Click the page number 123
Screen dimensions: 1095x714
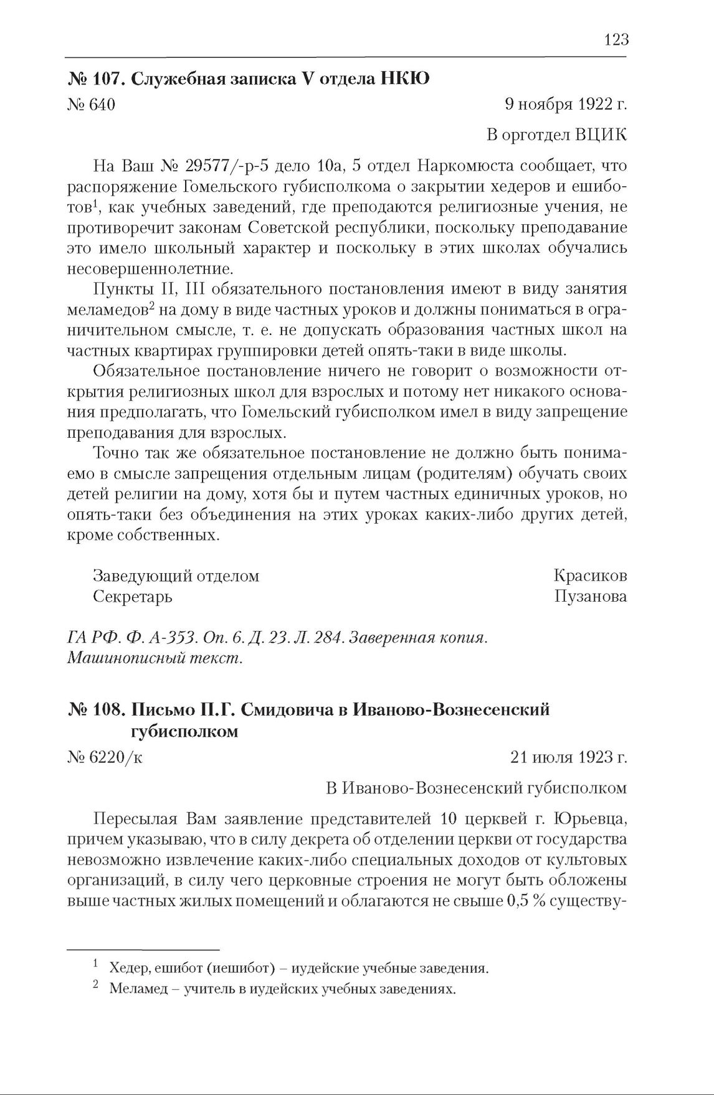pos(616,40)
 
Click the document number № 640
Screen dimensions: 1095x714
pos(91,105)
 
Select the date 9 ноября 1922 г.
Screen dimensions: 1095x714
pos(565,105)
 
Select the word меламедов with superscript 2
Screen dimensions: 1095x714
pos(108,310)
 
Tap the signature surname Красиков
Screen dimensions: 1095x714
pos(589,576)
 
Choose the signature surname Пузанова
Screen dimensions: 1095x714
pos(590,597)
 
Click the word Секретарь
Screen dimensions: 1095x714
pos(133,597)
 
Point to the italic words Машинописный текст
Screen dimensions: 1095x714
pos(155,658)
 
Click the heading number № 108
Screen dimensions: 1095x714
pos(97,709)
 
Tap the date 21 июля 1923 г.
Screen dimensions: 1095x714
pos(568,757)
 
